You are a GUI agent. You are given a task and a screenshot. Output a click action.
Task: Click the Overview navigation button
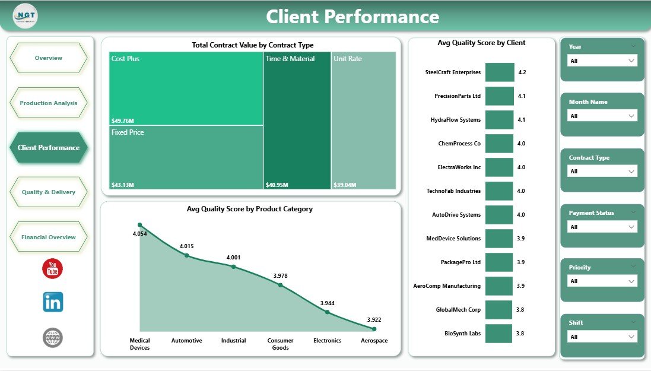(x=49, y=58)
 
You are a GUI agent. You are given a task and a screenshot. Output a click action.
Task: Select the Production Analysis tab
(x=49, y=103)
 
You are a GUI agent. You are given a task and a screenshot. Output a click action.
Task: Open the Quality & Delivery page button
(x=49, y=192)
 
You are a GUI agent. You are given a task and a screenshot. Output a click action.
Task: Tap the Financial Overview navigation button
(x=49, y=237)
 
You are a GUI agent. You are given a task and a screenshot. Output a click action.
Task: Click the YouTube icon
(x=53, y=268)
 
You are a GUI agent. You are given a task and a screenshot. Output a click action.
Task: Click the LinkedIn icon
(x=53, y=302)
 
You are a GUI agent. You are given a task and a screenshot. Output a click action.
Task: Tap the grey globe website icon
(x=53, y=338)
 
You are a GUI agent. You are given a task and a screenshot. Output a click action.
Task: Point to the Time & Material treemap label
(x=290, y=59)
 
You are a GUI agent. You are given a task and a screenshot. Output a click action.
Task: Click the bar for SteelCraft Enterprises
(x=500, y=72)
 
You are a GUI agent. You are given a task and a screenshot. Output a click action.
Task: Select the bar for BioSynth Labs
(x=498, y=334)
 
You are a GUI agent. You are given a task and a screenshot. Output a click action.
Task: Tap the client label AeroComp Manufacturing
(x=447, y=286)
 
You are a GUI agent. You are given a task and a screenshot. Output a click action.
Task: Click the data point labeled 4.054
(x=140, y=225)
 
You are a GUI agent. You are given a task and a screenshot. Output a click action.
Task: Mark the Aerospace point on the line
(x=374, y=329)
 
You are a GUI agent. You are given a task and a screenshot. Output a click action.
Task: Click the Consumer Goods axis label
(x=280, y=344)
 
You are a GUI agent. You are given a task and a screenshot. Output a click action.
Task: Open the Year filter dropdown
(x=602, y=61)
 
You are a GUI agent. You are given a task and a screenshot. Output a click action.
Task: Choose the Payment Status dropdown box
(x=602, y=227)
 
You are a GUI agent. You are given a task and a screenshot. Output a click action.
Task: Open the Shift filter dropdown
(x=602, y=337)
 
